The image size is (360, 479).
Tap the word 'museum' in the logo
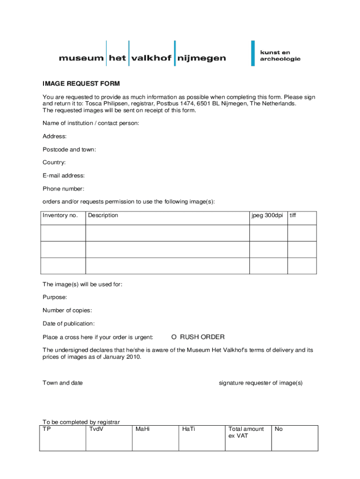pos(81,58)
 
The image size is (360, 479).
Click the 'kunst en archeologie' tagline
pos(280,56)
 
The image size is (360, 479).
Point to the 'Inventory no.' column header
pos(60,216)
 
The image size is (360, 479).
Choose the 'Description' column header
pos(103,216)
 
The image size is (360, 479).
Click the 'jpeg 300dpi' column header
pos(267,216)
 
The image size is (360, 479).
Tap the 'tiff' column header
pos(293,216)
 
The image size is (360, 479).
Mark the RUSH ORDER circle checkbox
pos(174,337)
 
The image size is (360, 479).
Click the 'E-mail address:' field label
pos(64,176)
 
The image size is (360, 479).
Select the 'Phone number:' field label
pos(64,189)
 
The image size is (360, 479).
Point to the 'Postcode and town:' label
pos(69,150)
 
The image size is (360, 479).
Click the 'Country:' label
pos(54,163)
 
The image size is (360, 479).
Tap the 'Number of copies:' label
pos(67,311)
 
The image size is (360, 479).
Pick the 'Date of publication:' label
pos(69,324)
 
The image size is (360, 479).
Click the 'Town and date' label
pos(63,383)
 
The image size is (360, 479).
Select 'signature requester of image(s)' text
pos(261,383)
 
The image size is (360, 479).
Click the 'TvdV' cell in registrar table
pos(96,429)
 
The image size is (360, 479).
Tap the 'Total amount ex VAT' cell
pos(246,432)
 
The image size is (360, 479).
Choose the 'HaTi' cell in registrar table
pos(188,429)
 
